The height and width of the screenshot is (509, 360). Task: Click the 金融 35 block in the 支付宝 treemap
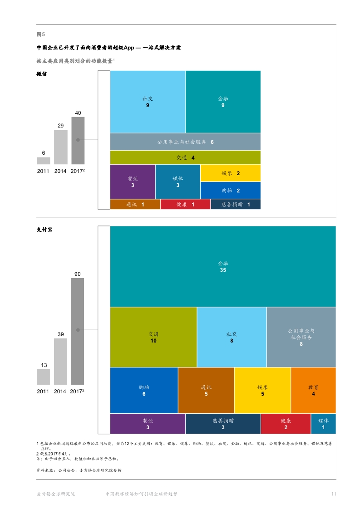(x=222, y=266)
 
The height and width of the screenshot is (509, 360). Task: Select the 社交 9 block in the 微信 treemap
(x=148, y=102)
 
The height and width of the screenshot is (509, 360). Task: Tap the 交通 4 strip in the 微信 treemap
(x=185, y=157)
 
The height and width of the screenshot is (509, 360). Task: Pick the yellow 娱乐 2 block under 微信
(x=230, y=173)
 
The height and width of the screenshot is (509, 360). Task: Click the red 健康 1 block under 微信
(x=185, y=205)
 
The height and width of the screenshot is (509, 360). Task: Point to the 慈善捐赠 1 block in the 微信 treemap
(x=236, y=205)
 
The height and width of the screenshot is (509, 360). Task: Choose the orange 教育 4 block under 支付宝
(x=313, y=390)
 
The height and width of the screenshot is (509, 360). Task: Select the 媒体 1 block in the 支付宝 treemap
(x=323, y=424)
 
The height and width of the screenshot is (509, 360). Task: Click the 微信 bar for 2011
(x=44, y=161)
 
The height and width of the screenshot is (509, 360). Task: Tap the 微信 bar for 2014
(x=61, y=147)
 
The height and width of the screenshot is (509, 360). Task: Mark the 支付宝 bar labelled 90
(x=78, y=331)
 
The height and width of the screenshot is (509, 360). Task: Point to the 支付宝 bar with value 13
(x=44, y=377)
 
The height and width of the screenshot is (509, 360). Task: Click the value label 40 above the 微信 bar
(x=78, y=113)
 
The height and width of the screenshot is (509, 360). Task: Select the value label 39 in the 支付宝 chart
(x=61, y=334)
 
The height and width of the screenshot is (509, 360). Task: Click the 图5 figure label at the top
(x=40, y=34)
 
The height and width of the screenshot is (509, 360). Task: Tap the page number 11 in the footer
(x=333, y=494)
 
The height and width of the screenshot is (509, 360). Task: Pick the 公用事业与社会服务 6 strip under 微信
(x=185, y=142)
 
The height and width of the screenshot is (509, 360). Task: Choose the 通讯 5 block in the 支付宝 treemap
(x=206, y=390)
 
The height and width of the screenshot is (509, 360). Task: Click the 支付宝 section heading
(x=44, y=230)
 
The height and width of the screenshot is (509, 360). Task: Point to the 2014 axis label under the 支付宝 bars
(x=60, y=391)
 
